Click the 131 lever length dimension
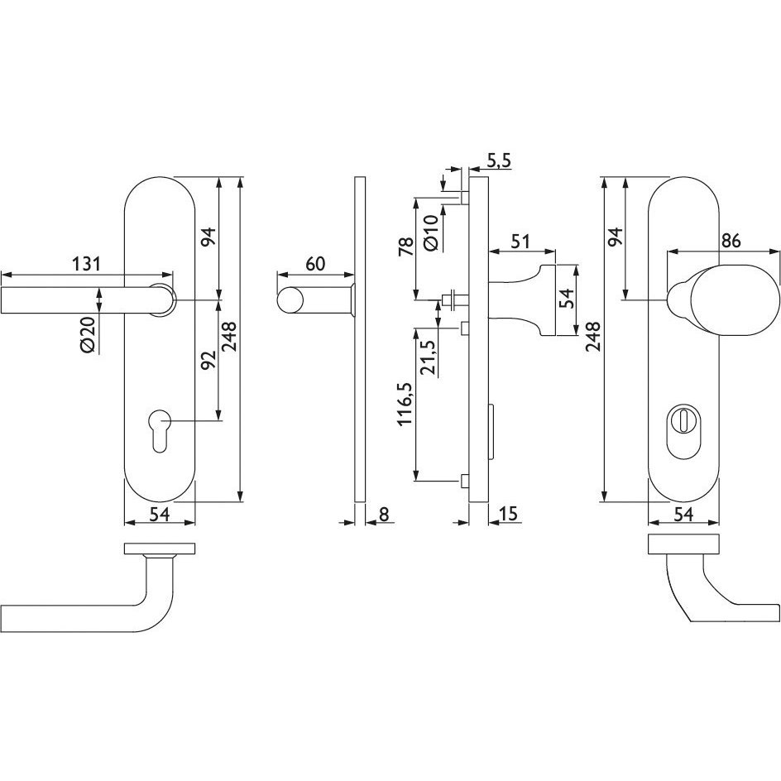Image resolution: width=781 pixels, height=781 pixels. point(87,263)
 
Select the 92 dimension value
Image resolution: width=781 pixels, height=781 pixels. point(208,360)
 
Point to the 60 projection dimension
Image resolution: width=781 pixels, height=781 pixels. point(314,263)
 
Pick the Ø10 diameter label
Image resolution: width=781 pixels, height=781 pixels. point(431,232)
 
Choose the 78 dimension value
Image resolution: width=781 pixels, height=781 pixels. point(406,246)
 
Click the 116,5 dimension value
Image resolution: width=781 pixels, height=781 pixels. point(405,404)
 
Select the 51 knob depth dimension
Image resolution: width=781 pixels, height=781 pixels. point(521,242)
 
